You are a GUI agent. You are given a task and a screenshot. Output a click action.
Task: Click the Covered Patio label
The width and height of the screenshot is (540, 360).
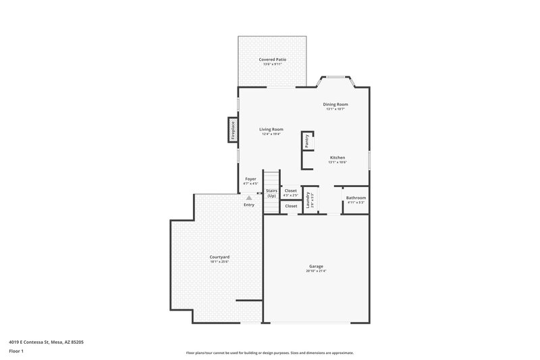click(x=272, y=59)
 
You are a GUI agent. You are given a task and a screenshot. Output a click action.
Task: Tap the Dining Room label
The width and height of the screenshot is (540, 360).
click(x=335, y=105)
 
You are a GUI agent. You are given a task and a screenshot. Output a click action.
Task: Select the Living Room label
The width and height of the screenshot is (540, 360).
click(x=271, y=129)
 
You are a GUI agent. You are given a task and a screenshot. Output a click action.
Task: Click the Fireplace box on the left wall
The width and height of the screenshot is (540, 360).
click(x=233, y=130)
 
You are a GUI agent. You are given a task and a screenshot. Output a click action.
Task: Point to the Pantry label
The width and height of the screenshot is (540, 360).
click(x=307, y=140)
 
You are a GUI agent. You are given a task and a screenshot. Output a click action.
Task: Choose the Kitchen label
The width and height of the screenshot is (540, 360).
click(x=337, y=157)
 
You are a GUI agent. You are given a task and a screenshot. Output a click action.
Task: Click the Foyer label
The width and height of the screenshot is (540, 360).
click(x=250, y=179)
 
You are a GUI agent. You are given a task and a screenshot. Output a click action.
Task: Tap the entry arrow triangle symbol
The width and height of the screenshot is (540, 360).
click(x=248, y=197)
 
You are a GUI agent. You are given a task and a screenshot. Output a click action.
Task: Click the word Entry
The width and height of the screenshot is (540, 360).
click(x=249, y=205)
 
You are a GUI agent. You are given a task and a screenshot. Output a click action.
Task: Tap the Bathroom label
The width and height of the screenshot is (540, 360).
click(x=356, y=198)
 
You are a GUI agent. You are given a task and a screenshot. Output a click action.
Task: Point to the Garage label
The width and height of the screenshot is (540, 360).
click(x=316, y=266)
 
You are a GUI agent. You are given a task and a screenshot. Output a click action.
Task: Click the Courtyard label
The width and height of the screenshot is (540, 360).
click(x=219, y=257)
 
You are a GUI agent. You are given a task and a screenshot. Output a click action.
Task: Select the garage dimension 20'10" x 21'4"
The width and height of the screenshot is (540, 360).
click(x=316, y=271)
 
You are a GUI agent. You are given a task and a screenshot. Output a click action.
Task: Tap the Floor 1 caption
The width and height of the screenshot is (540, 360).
click(x=17, y=351)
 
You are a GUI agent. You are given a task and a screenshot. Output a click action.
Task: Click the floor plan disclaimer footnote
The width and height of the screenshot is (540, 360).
click(x=269, y=353)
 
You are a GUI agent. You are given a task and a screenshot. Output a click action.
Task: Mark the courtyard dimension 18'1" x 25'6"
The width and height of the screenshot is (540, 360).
click(x=219, y=261)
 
